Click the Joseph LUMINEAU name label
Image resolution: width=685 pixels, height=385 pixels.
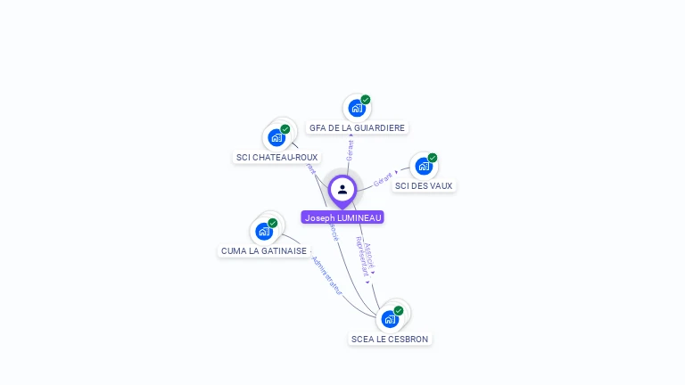(x=342, y=217)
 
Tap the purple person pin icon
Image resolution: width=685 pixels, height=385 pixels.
(x=342, y=189)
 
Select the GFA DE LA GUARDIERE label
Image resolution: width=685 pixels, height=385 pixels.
(x=357, y=128)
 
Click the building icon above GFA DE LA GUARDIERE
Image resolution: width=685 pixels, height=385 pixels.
(x=357, y=109)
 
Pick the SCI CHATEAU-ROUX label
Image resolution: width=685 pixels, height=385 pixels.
(x=276, y=158)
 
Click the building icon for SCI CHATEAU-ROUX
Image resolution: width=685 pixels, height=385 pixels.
(x=276, y=138)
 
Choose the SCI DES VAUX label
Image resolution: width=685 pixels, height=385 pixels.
(x=424, y=186)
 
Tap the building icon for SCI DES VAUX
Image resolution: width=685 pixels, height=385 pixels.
(x=424, y=166)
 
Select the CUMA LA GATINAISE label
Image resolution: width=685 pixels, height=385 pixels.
(x=264, y=251)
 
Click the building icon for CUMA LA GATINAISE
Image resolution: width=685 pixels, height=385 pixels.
(x=264, y=232)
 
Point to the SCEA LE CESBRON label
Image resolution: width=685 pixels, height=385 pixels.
(x=390, y=340)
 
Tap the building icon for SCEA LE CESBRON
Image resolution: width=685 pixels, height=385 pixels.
(x=390, y=319)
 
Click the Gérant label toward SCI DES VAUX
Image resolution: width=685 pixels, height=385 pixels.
(x=384, y=178)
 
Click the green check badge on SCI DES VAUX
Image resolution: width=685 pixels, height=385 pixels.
(x=433, y=158)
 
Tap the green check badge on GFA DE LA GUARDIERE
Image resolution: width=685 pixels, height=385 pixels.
(x=366, y=100)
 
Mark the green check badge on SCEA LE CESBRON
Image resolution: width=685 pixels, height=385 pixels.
(x=399, y=310)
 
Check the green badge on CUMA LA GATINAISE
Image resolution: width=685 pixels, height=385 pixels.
(x=273, y=223)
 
